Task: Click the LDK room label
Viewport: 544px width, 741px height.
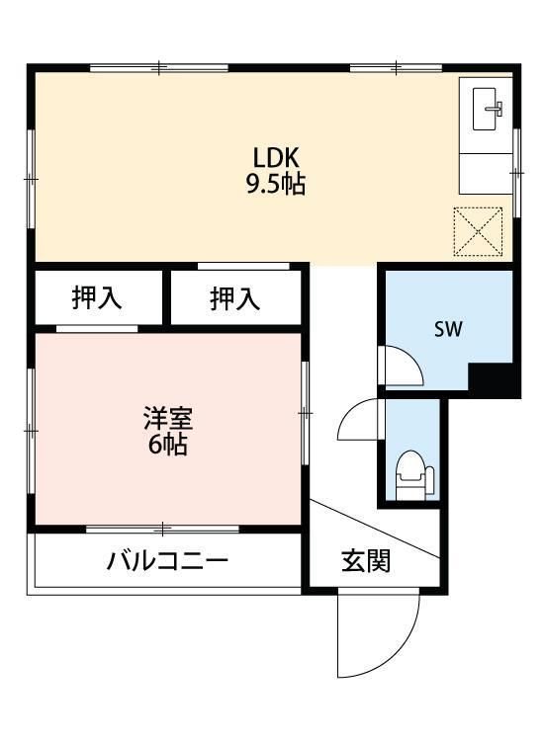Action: pos(276,158)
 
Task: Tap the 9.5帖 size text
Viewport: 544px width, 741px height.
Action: pos(276,185)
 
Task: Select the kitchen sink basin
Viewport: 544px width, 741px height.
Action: pos(484,109)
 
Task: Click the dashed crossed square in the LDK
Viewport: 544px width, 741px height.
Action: pos(478,231)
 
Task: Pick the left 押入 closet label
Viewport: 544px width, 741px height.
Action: pos(97,298)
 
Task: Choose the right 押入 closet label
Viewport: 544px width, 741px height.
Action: pos(235,298)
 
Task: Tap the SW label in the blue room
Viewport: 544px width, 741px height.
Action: pos(448,329)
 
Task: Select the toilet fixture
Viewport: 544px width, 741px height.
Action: pos(414,475)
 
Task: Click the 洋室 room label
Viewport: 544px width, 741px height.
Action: pos(168,418)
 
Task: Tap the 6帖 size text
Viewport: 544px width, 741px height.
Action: pos(168,445)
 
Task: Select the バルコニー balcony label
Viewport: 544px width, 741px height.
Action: pos(167,561)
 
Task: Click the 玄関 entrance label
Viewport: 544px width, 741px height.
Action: pos(366,561)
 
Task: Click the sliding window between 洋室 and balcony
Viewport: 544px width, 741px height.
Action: pos(162,529)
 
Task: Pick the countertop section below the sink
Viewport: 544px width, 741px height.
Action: pos(486,174)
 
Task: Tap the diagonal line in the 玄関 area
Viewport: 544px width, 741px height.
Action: pos(375,529)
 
